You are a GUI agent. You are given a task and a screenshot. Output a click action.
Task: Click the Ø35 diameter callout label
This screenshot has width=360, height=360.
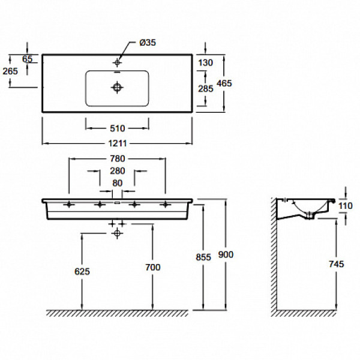pyautogui.click(x=148, y=42)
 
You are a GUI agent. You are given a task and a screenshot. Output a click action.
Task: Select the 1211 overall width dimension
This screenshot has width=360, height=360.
pyautogui.click(x=118, y=143)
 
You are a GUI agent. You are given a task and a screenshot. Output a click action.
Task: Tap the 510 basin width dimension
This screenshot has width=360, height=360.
pyautogui.click(x=118, y=128)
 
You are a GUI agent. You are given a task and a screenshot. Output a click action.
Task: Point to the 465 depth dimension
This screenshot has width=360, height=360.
pyautogui.click(x=224, y=83)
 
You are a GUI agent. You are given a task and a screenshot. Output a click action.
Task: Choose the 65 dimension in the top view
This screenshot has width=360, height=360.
pyautogui.click(x=27, y=58)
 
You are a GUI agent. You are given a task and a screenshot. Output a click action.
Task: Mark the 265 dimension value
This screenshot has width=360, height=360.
pyautogui.click(x=10, y=71)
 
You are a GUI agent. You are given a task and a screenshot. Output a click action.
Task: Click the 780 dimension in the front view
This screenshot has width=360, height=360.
pyautogui.click(x=118, y=159)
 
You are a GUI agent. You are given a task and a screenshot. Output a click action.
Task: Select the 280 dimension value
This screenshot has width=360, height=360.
pyautogui.click(x=118, y=171)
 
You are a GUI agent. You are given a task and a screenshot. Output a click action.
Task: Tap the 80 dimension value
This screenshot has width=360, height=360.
pyautogui.click(x=118, y=183)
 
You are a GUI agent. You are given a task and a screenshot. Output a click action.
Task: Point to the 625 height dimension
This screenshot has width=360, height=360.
pyautogui.click(x=82, y=272)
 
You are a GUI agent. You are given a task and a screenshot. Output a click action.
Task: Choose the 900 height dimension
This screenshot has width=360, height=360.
pyautogui.click(x=226, y=254)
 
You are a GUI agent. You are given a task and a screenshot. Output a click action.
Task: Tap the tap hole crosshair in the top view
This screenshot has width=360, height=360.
pyautogui.click(x=118, y=62)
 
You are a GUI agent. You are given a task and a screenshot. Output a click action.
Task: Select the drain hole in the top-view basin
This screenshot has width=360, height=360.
pyautogui.click(x=118, y=87)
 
